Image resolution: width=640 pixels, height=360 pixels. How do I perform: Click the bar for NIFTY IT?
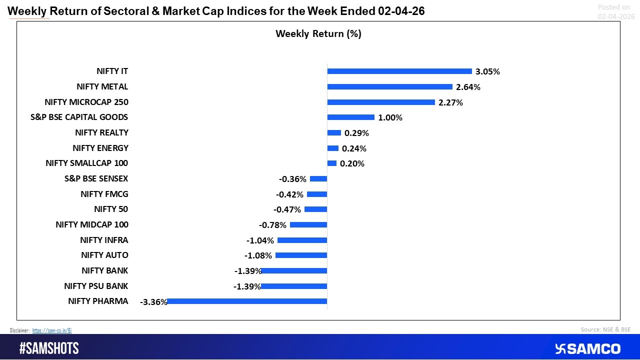[x=399, y=71]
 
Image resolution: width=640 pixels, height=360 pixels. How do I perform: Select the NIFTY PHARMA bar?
[x=247, y=301]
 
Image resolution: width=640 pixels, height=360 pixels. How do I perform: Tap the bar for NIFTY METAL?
[x=389, y=86]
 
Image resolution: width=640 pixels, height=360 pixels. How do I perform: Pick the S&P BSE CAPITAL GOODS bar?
[x=350, y=117]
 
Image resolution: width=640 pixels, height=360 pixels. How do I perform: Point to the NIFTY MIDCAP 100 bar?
[x=308, y=225]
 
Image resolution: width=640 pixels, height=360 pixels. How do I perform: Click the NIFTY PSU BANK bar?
[x=294, y=286]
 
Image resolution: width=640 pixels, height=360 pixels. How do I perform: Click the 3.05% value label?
[x=487, y=71]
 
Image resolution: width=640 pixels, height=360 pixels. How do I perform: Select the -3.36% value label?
[x=153, y=302]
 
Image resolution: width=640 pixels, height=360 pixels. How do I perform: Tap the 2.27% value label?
[x=450, y=102]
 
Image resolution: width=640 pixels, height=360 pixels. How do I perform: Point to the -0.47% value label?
[x=287, y=209]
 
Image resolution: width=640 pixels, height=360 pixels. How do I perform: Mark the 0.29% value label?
[x=356, y=133]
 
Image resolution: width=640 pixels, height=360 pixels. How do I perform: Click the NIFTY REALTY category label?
[x=101, y=132]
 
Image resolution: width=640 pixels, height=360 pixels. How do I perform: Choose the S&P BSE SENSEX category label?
[x=96, y=178]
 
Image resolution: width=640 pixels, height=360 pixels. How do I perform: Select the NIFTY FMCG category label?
[x=104, y=194]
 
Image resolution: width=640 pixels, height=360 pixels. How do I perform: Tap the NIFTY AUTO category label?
[x=104, y=255]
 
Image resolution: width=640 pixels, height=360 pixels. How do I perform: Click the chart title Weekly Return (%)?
[x=318, y=33]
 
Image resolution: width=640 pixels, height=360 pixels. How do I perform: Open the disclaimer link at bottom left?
[x=52, y=330]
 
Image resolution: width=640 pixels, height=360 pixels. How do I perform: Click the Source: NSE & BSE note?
[x=605, y=329]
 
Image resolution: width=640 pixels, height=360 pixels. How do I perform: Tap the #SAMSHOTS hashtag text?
[x=49, y=348]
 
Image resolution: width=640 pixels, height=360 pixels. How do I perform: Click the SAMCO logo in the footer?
[x=587, y=348]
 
